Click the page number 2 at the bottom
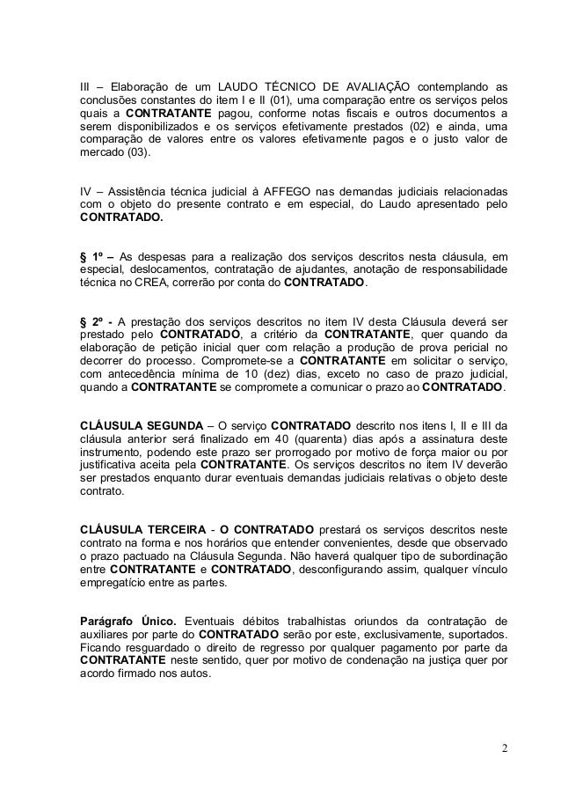coord(505,749)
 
